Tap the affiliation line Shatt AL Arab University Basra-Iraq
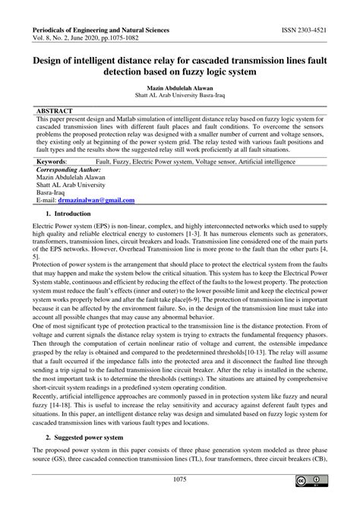click(x=179, y=96)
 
